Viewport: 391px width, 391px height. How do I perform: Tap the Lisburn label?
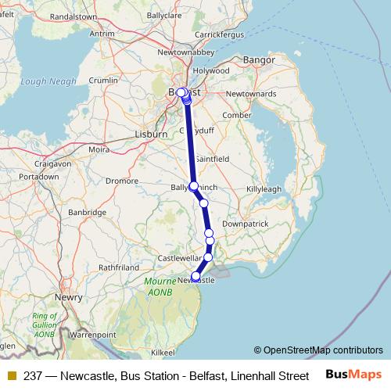click(x=152, y=134)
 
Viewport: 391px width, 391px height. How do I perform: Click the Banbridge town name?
click(x=87, y=212)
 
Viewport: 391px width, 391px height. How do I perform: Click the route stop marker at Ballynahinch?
click(x=194, y=186)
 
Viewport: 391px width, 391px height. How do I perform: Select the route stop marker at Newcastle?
click(x=195, y=276)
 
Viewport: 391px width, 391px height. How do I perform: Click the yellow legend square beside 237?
click(x=11, y=375)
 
